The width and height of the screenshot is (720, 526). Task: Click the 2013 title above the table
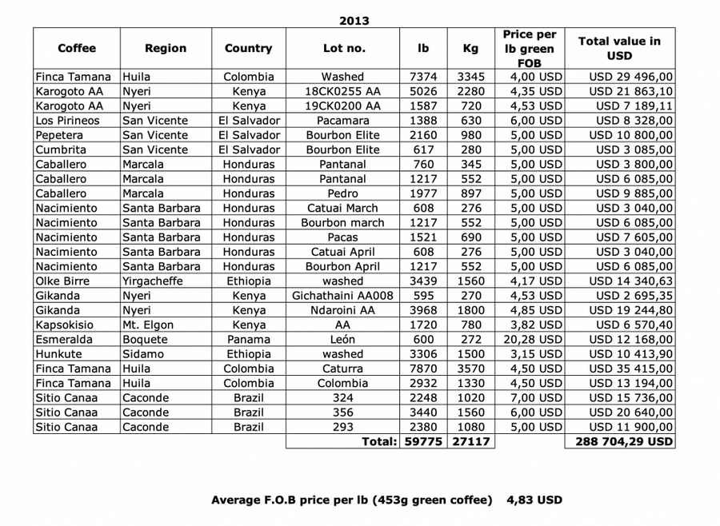click(x=354, y=20)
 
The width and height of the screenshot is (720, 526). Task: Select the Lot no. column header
click(x=343, y=48)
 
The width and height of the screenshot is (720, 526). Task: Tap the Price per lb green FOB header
click(x=529, y=48)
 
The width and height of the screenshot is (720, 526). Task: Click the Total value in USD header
click(x=619, y=48)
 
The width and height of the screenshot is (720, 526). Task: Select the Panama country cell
click(x=248, y=339)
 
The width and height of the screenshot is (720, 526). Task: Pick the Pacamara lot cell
click(x=343, y=120)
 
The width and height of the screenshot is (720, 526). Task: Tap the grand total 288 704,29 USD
click(x=620, y=441)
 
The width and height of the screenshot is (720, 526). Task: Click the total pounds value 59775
click(x=424, y=441)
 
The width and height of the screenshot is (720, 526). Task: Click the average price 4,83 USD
click(x=534, y=500)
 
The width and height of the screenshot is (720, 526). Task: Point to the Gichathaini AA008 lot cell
click(x=343, y=295)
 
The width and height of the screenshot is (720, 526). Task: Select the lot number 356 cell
click(x=343, y=412)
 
